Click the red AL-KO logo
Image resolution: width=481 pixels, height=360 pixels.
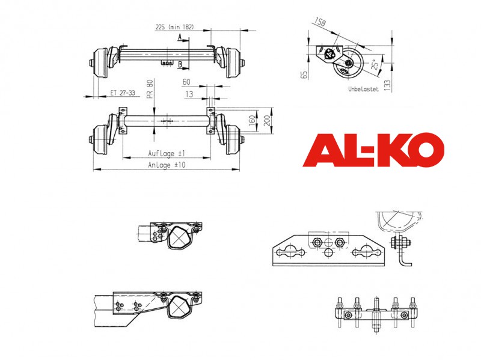click(x=373, y=150)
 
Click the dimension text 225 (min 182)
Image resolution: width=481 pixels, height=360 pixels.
click(x=174, y=27)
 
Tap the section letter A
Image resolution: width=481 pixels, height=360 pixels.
click(x=180, y=37)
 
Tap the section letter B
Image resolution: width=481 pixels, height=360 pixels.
click(x=180, y=64)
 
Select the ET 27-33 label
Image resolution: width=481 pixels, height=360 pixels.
click(x=123, y=93)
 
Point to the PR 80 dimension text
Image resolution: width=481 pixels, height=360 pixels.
click(x=150, y=89)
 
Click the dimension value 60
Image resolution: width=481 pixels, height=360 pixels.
click(x=186, y=82)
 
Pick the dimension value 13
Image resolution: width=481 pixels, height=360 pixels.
click(x=189, y=94)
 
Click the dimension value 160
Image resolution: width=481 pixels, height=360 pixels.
click(x=252, y=121)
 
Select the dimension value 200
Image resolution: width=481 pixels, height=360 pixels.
click(x=267, y=121)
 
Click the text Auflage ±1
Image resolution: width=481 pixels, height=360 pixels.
click(x=167, y=153)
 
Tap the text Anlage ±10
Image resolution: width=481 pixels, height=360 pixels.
click(x=167, y=165)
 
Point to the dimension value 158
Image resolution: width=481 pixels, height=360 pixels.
click(x=320, y=22)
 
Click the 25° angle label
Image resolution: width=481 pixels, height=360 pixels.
click(x=375, y=64)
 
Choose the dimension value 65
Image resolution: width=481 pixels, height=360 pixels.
click(x=304, y=75)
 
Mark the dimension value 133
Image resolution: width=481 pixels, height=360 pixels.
click(x=388, y=85)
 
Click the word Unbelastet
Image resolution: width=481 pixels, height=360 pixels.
click(x=363, y=89)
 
